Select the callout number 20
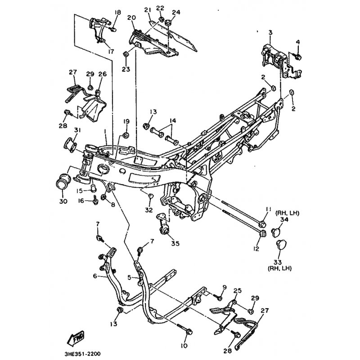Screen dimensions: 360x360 131,18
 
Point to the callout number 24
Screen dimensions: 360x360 176,12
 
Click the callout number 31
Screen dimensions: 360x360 77,130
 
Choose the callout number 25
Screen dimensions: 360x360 238,291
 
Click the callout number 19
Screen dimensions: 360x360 126,121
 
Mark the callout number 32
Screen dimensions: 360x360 149,210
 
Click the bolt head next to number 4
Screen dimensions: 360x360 299,57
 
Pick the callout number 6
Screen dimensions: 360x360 95,276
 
